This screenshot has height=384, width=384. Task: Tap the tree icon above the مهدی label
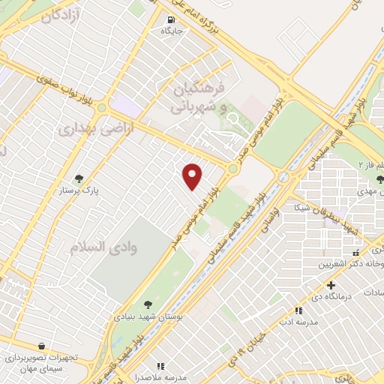tap(382, 178)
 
